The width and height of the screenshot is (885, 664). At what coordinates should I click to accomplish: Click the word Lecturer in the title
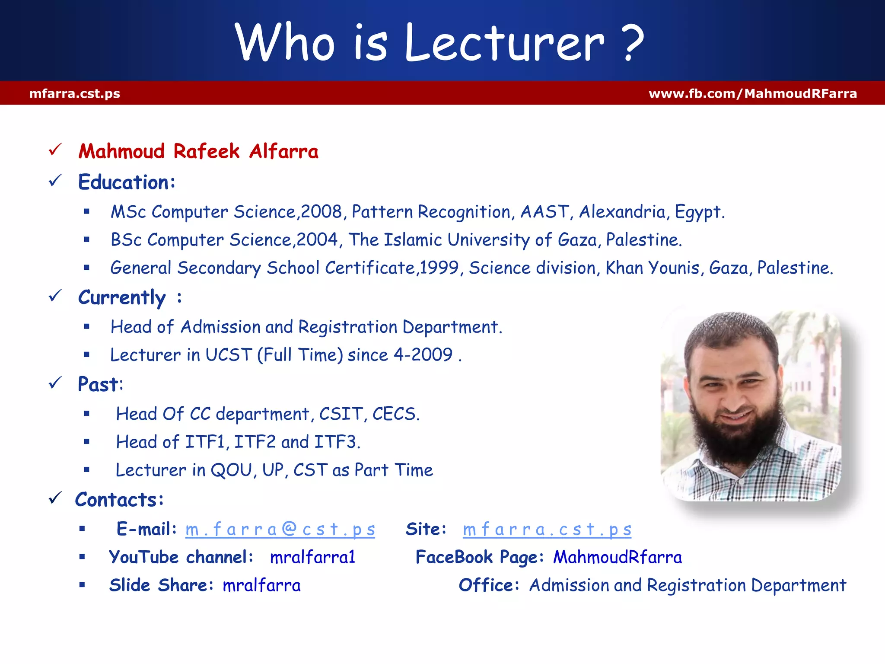504,43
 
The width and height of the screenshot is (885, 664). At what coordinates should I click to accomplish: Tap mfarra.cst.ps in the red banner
75,93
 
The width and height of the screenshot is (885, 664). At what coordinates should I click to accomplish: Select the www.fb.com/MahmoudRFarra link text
752,93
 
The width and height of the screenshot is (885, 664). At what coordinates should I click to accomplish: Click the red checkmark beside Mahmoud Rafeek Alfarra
55,150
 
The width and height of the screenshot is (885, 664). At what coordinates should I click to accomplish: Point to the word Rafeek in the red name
206,151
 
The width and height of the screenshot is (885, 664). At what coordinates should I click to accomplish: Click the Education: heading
127,182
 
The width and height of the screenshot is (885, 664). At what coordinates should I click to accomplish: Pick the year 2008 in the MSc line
321,212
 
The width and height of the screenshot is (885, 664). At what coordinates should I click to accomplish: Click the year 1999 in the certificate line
439,268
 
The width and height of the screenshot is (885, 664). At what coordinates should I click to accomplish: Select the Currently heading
122,298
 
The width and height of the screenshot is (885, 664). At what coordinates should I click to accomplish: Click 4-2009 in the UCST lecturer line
423,355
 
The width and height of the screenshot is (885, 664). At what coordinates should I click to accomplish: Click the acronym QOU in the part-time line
231,470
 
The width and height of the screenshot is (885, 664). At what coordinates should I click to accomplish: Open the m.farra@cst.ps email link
280,530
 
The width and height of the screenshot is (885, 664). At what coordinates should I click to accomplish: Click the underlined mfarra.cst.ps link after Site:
547,530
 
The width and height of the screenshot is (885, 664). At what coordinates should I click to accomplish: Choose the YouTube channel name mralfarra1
312,557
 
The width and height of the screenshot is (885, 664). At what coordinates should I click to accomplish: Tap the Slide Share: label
161,585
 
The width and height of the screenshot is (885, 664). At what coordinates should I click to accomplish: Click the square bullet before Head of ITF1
86,442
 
